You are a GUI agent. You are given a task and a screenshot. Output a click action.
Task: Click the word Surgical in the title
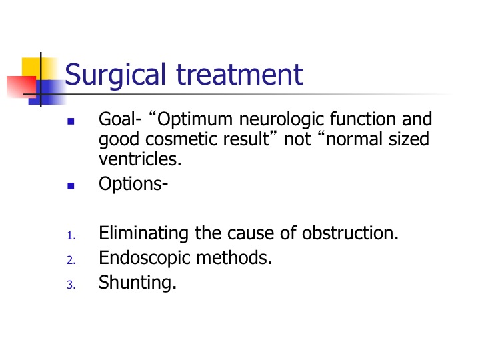(115, 75)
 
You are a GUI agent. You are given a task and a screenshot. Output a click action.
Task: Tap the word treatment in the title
(240, 74)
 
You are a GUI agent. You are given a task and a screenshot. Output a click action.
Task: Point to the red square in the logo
(21, 87)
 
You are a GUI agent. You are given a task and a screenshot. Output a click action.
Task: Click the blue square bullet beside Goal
(71, 121)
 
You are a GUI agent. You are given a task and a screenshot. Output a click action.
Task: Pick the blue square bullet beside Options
(71, 186)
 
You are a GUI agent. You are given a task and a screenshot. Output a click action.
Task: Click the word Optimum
(195, 119)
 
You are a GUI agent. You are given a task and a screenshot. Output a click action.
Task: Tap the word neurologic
(281, 119)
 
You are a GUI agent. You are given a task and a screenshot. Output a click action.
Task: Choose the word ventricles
(140, 159)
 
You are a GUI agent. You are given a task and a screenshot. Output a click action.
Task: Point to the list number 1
(71, 236)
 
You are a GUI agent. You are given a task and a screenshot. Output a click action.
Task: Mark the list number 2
(71, 260)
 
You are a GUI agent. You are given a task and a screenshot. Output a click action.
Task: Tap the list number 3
(71, 285)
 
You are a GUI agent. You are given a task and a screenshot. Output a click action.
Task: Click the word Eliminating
(143, 233)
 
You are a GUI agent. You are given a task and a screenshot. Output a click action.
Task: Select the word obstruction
(350, 233)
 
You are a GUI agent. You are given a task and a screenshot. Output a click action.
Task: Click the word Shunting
(137, 283)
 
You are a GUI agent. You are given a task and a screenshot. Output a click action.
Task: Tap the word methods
(234, 257)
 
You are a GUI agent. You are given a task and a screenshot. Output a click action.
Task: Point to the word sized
(409, 139)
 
